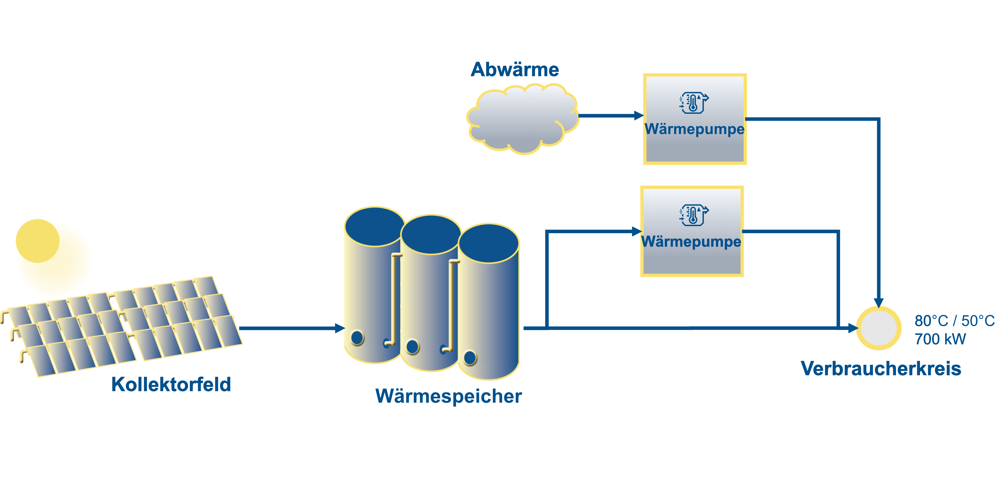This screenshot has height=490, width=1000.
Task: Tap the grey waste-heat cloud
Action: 522,119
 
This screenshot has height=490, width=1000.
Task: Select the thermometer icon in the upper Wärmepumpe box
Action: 693,103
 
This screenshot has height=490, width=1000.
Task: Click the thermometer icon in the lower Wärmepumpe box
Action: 693,215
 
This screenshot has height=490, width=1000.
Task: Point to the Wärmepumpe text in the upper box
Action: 694,129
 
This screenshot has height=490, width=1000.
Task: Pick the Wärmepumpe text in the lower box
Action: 691,242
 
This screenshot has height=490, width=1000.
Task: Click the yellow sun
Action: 38,241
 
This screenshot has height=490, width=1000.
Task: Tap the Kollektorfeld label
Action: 171,384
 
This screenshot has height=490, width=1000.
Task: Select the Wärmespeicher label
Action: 448,396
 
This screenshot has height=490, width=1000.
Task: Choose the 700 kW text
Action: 940,339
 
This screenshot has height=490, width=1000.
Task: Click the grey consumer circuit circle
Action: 878,328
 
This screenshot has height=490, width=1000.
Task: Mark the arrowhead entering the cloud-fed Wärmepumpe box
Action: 639,115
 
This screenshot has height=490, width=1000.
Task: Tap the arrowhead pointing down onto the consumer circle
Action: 878,303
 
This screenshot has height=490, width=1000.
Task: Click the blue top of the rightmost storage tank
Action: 488,243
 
